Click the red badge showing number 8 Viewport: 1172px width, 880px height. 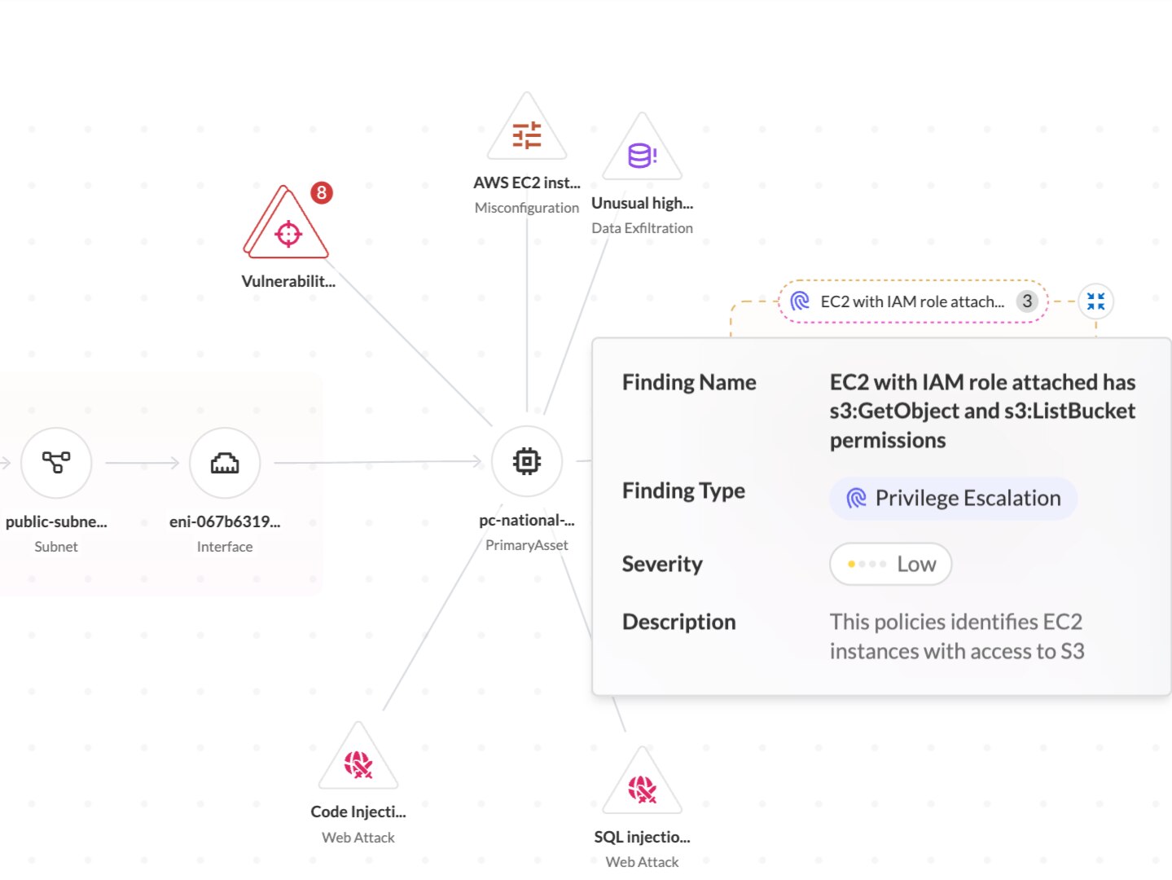[x=322, y=192]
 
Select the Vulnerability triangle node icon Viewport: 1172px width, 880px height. [x=286, y=223]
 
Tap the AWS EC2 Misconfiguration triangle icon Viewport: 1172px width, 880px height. [x=526, y=128]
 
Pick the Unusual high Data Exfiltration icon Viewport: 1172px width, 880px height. [x=642, y=148]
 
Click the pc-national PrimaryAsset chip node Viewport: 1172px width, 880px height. [x=526, y=461]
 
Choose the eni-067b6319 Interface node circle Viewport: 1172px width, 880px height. [x=225, y=463]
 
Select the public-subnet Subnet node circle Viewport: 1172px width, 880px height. [x=56, y=463]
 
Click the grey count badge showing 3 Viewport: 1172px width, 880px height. [x=1027, y=301]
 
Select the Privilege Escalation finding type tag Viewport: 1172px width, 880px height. [x=953, y=498]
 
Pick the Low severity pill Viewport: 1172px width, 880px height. [x=891, y=564]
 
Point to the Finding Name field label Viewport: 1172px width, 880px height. [x=689, y=382]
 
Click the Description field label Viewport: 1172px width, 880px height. [x=678, y=622]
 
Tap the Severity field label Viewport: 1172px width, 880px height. [x=662, y=564]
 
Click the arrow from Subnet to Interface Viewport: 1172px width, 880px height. [x=142, y=463]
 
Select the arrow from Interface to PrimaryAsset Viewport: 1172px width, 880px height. [x=378, y=462]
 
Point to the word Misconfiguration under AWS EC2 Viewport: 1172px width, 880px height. [x=526, y=208]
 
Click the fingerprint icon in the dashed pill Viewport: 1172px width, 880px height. [x=799, y=301]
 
